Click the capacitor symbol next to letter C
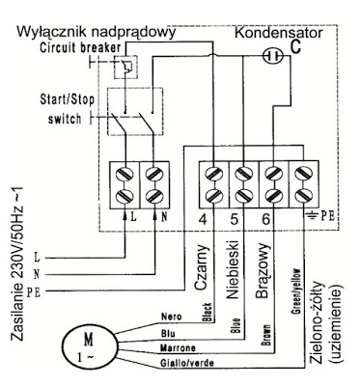(x=273, y=56)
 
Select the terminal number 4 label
(x=203, y=220)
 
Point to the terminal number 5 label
(x=235, y=220)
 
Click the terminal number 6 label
(x=265, y=220)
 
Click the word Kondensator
(x=279, y=33)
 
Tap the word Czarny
(x=202, y=267)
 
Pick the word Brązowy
(x=263, y=271)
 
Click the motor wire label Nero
(x=171, y=317)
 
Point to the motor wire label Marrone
(x=178, y=348)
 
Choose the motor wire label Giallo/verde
(x=186, y=364)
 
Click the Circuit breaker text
(x=80, y=48)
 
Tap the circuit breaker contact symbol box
(x=125, y=67)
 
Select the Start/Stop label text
(x=67, y=99)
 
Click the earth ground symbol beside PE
(x=312, y=215)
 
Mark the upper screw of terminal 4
(x=214, y=174)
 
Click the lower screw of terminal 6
(x=273, y=196)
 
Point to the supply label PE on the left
(x=34, y=292)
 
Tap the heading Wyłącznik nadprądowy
(x=97, y=33)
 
